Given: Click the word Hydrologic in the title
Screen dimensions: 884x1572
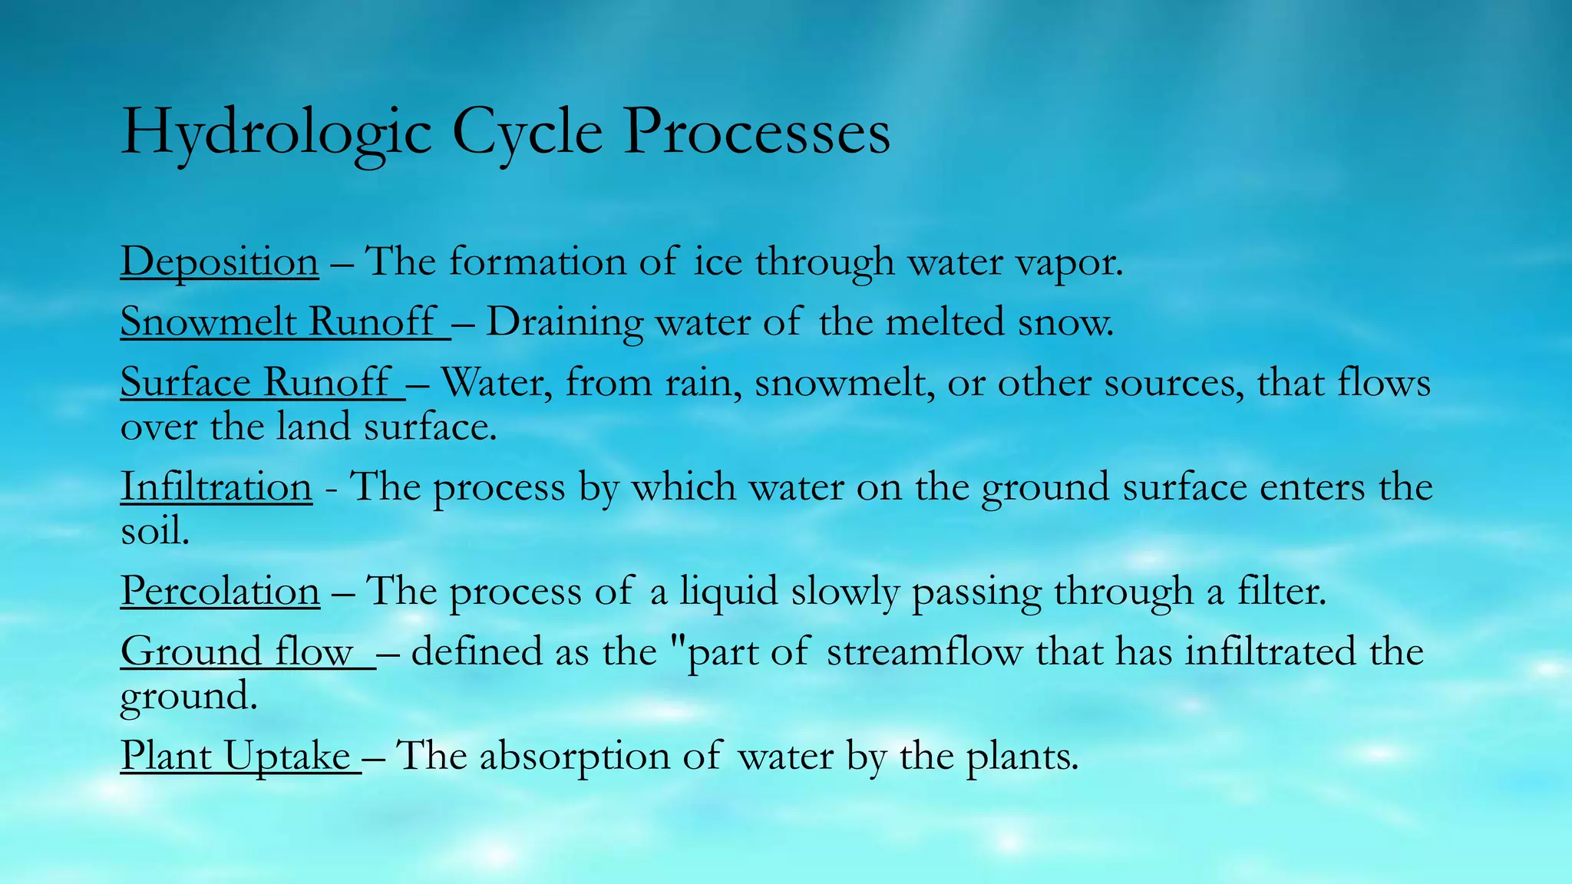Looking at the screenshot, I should coord(276,132).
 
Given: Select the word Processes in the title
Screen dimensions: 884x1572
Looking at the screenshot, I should coord(756,132).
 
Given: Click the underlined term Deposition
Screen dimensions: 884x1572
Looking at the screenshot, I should coord(220,262).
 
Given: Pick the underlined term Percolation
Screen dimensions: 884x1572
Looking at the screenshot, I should coord(220,591).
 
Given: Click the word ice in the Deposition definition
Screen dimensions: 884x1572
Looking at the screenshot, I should coord(718,262).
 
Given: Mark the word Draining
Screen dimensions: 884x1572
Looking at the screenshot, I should coord(564,323).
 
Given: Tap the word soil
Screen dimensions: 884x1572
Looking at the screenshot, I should coord(155,530).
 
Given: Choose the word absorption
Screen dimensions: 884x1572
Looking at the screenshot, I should coord(575,757).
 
